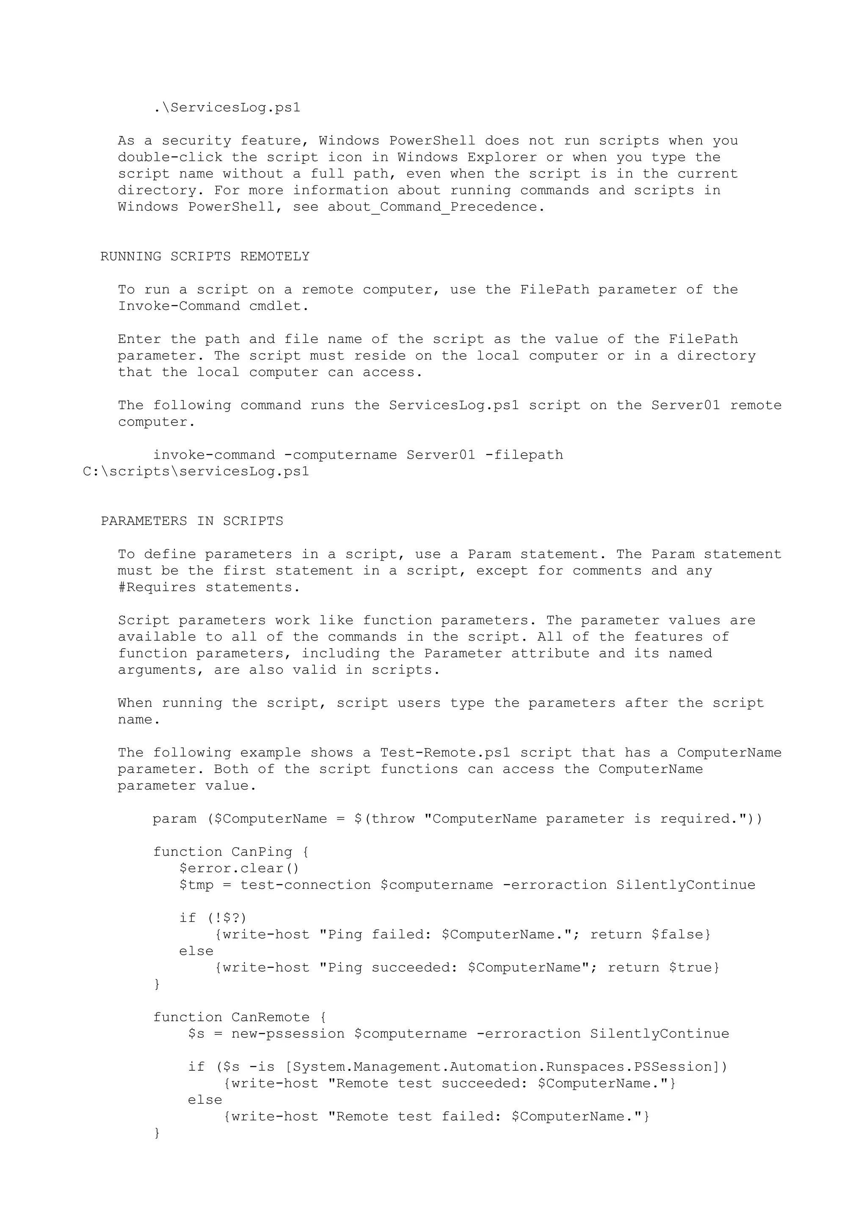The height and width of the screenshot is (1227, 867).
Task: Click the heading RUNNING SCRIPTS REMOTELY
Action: pos(204,257)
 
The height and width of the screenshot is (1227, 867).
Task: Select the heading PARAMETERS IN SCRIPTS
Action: pos(192,521)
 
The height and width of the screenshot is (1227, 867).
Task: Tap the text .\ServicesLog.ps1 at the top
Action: pos(226,108)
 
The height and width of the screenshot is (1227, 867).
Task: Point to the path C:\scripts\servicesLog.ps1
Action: pos(196,471)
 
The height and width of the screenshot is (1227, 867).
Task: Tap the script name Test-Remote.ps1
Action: pos(445,752)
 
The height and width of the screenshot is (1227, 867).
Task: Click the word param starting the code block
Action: pos(174,819)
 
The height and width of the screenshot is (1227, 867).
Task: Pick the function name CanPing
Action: pos(262,852)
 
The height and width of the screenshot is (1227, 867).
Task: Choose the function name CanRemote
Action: pos(271,1017)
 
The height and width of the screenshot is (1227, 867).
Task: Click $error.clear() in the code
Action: pos(239,868)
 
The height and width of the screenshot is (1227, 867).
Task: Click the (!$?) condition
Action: pos(226,917)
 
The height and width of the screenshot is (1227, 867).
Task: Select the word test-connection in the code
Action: pos(305,885)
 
